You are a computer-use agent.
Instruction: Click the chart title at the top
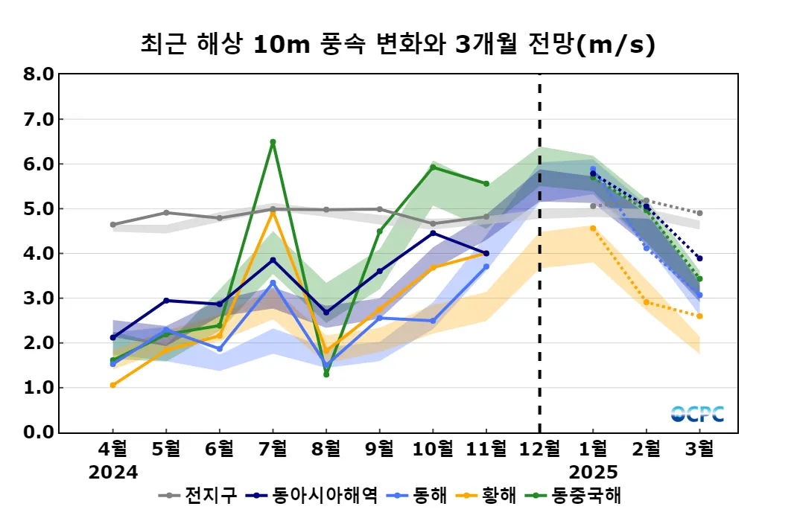pyautogui.click(x=398, y=45)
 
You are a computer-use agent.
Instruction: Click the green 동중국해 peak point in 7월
pyautogui.click(x=273, y=142)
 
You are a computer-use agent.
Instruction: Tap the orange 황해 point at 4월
pyautogui.click(x=112, y=385)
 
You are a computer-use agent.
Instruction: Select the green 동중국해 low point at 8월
pyautogui.click(x=326, y=374)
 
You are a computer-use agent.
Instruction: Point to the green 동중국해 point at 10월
pyautogui.click(x=433, y=167)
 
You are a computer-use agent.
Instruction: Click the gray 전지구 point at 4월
pyautogui.click(x=112, y=225)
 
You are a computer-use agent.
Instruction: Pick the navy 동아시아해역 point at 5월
pyautogui.click(x=166, y=301)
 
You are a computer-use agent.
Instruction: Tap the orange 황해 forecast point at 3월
pyautogui.click(x=699, y=316)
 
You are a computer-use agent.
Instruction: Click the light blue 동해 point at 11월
pyautogui.click(x=486, y=266)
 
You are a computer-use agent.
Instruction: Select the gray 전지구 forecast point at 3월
pyautogui.click(x=699, y=213)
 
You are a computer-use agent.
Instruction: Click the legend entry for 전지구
pyautogui.click(x=200, y=495)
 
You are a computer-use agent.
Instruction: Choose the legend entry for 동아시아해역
pyautogui.click(x=314, y=495)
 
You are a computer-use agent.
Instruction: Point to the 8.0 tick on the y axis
pyautogui.click(x=38, y=74)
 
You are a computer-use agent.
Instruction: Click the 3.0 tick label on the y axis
pyautogui.click(x=38, y=298)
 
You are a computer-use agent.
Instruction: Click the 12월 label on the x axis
pyautogui.click(x=539, y=450)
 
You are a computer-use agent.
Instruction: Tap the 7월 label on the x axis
pyautogui.click(x=273, y=450)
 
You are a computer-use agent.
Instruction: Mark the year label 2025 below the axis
pyautogui.click(x=593, y=472)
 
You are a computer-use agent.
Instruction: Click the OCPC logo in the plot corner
pyautogui.click(x=697, y=415)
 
